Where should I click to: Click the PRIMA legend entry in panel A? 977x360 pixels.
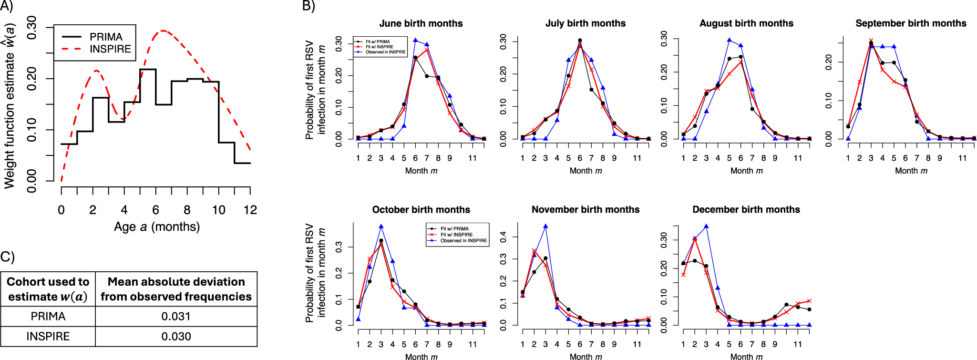106,37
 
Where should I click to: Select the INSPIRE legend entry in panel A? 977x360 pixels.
110,49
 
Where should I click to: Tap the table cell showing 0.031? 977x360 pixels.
176,316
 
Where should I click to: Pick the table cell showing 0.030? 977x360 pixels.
176,336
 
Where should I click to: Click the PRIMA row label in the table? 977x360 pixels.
48,316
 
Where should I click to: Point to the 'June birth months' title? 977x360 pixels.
421,23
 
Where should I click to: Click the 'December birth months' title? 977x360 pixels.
746,209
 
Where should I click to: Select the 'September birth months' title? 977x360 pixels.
911,23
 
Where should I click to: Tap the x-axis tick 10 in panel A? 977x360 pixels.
218,210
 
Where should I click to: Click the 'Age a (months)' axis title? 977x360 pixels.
156,226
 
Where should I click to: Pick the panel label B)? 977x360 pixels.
309,6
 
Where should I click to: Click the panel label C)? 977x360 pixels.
7,257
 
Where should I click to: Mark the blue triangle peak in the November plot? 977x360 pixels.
545,226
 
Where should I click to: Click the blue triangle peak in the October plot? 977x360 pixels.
381,226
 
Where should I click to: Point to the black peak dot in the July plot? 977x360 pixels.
580,41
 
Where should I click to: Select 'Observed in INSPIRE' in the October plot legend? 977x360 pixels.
463,241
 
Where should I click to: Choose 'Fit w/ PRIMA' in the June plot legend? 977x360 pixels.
378,42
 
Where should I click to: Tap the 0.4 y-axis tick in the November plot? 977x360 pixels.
504,237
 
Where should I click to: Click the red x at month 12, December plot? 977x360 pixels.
809,301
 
